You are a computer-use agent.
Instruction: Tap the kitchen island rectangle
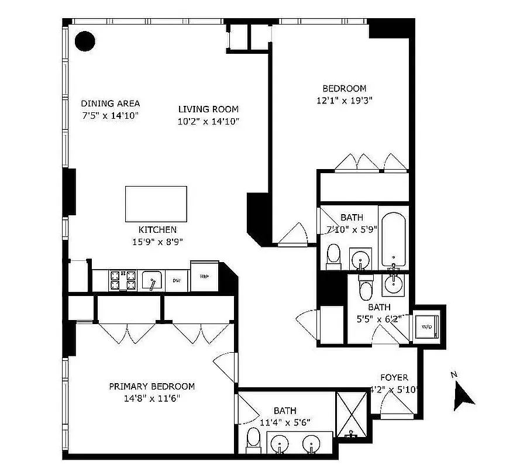156,204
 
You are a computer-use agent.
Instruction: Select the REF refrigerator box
205,276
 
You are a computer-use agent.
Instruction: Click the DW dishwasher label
176,281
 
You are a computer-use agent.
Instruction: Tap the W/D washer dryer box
427,326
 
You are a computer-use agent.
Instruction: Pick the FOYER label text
394,377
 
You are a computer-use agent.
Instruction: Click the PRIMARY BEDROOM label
151,386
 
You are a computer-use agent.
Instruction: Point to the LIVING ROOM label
208,109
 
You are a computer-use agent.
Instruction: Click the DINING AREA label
111,104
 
